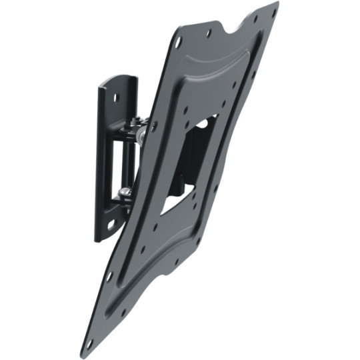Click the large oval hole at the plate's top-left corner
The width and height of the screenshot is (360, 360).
point(178,41)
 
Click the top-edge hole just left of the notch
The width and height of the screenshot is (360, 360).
point(209,32)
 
